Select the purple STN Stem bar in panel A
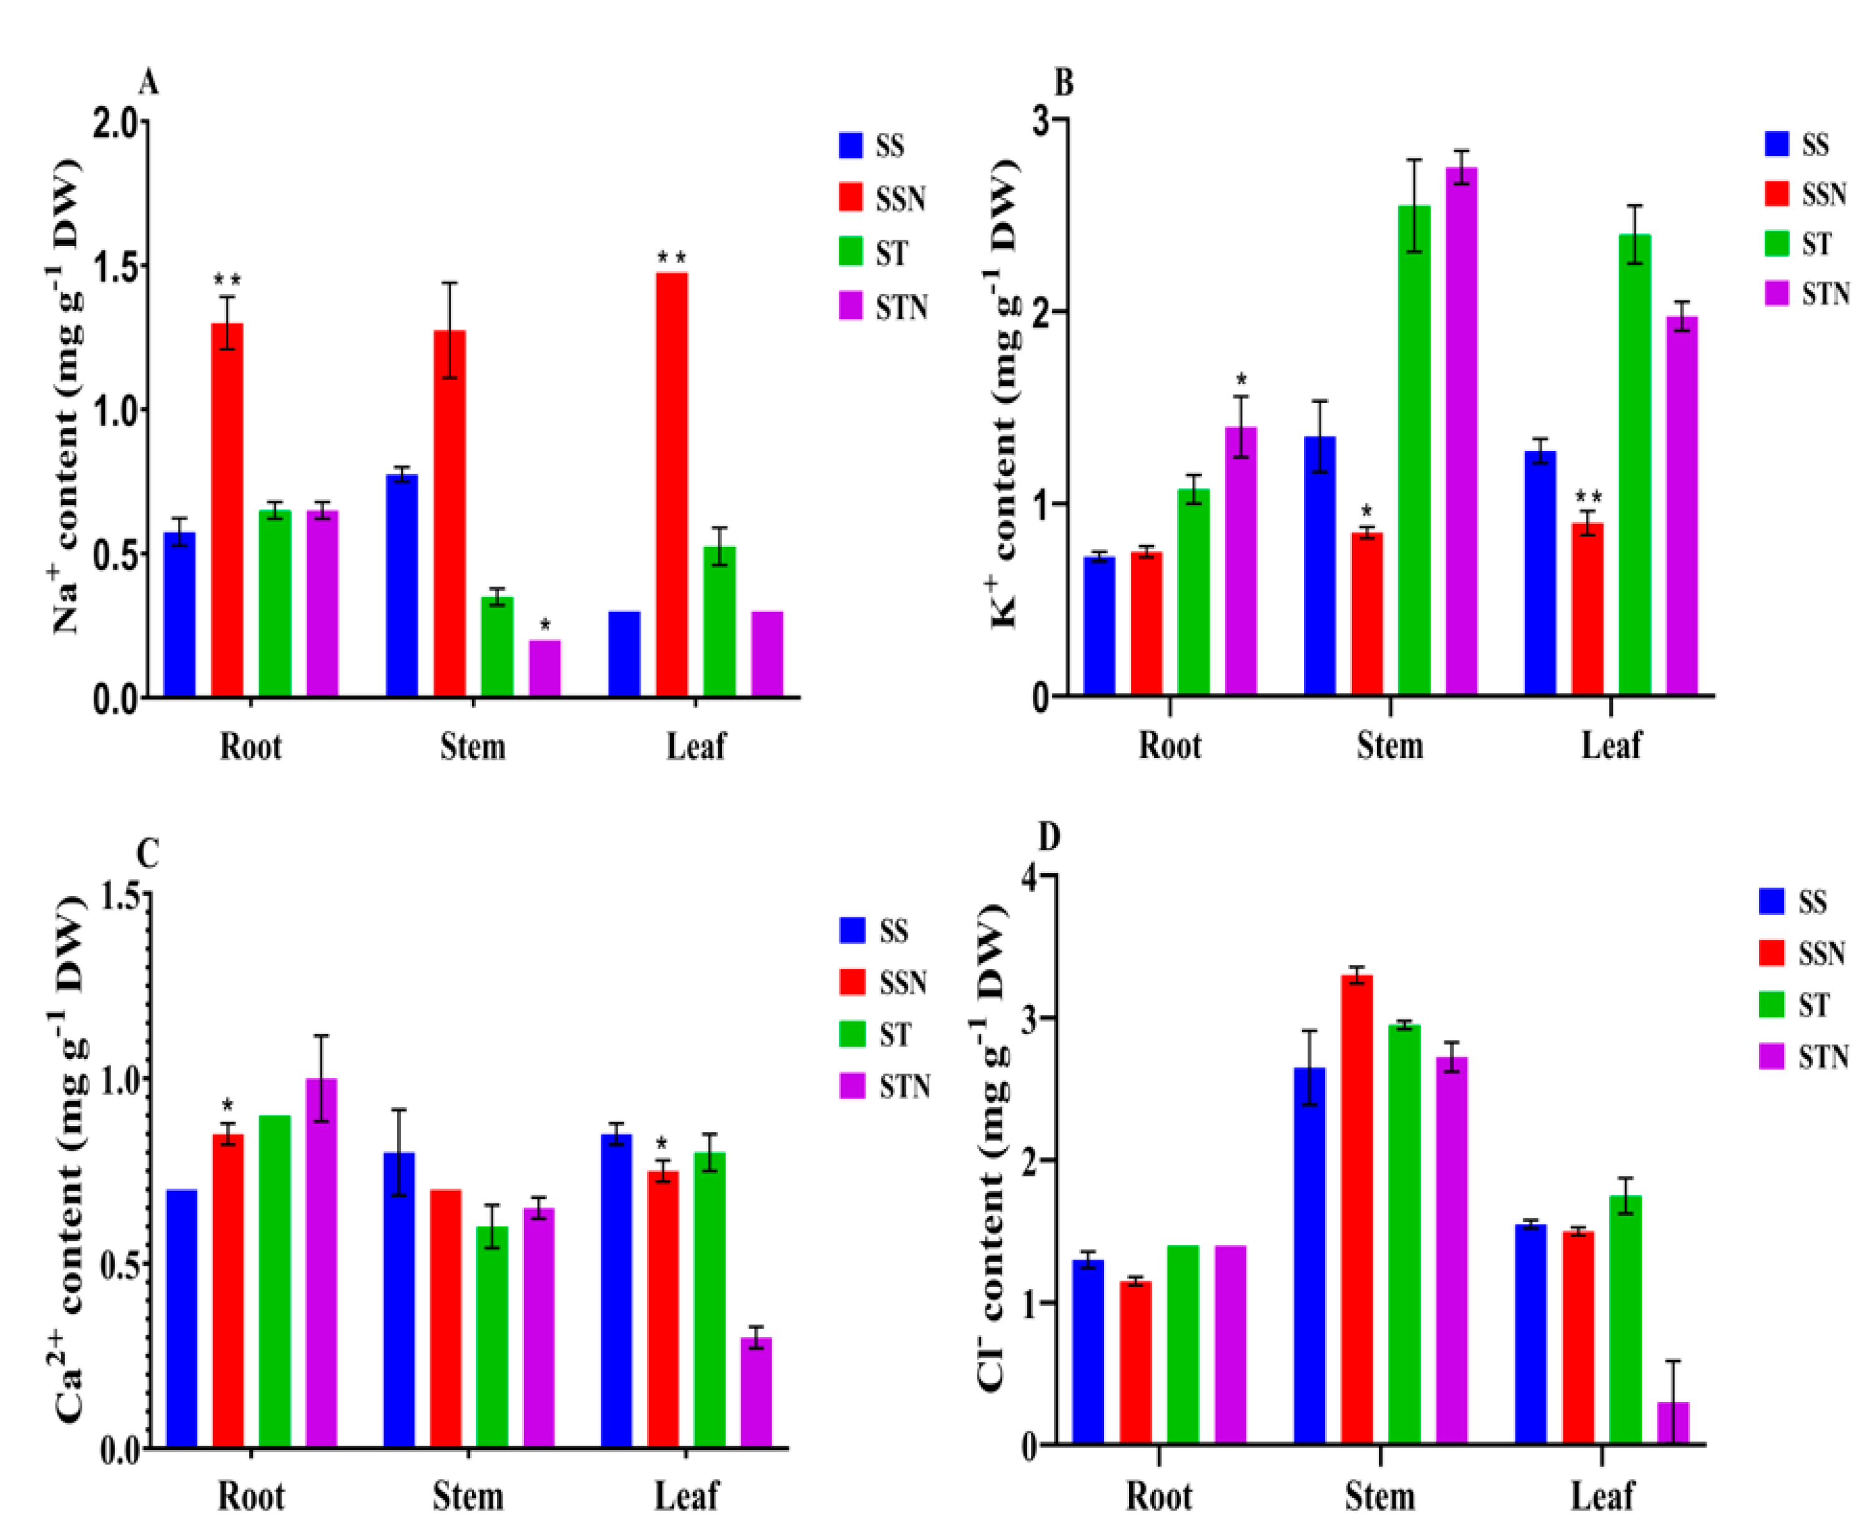point(545,668)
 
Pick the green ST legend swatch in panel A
point(851,253)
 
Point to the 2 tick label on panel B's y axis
point(1041,312)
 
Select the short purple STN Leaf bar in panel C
point(756,1393)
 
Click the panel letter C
point(147,854)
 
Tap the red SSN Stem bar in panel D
point(1357,1212)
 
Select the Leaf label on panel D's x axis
point(1602,1496)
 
